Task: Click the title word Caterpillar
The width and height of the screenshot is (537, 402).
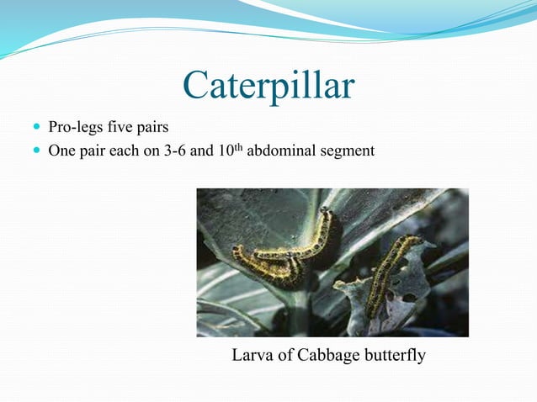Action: (x=268, y=85)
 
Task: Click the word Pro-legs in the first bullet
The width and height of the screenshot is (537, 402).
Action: (x=72, y=129)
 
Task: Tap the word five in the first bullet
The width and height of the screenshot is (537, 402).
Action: (x=115, y=129)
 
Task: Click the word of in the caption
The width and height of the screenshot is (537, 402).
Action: (x=284, y=356)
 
